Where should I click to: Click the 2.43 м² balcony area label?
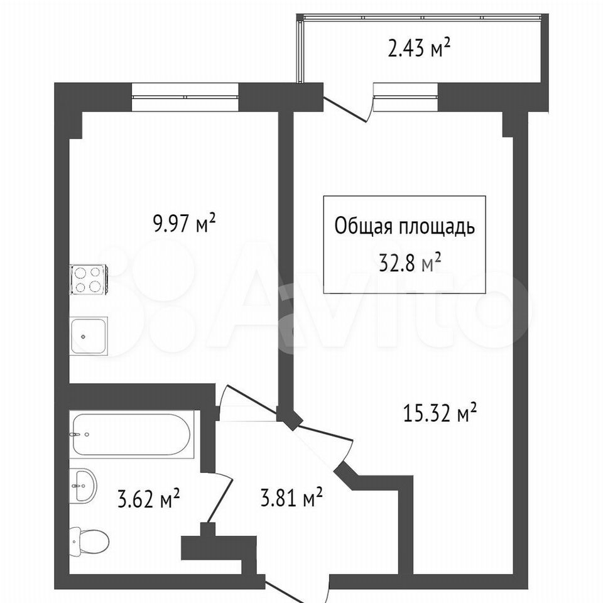[x=419, y=49]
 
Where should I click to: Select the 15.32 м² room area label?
[x=440, y=412]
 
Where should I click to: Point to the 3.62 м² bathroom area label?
[x=149, y=498]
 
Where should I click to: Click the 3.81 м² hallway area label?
[x=291, y=498]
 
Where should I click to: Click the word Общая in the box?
[x=363, y=227]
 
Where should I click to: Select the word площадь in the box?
[x=437, y=227]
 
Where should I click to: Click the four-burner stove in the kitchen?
[x=89, y=279]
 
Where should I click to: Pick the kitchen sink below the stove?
[x=89, y=335]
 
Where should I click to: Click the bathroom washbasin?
[x=83, y=486]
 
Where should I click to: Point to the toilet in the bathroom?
[x=89, y=540]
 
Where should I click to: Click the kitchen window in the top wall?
[x=185, y=97]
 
